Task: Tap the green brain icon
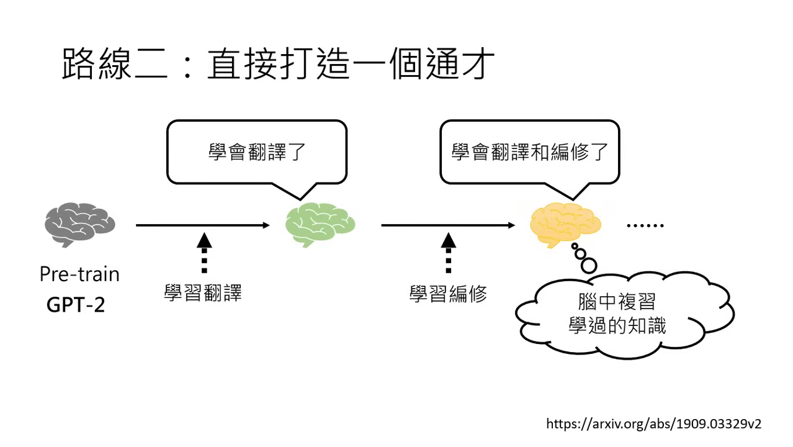point(320,225)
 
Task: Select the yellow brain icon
point(565,225)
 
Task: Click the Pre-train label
point(79,274)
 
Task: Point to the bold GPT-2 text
point(76,305)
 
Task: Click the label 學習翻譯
point(203,293)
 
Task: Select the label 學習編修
point(448,294)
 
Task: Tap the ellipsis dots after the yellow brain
point(645,225)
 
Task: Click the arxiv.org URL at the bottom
point(653,424)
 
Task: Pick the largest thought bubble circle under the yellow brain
point(588,265)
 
